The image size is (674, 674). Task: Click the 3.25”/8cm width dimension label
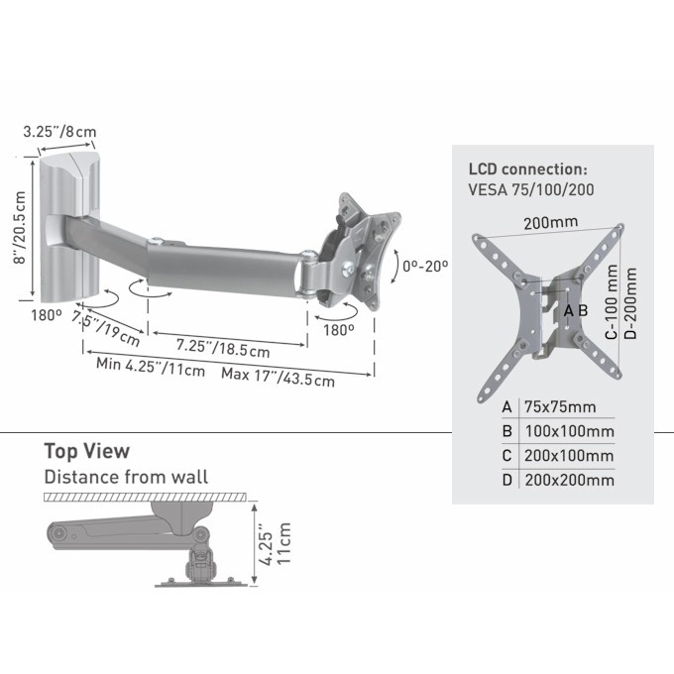pyautogui.click(x=59, y=131)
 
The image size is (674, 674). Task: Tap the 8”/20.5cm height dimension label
pyautogui.click(x=20, y=228)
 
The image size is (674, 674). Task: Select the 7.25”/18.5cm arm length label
pyautogui.click(x=223, y=348)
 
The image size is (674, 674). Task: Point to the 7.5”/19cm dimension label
pyautogui.click(x=106, y=329)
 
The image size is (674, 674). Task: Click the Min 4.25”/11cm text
pyautogui.click(x=151, y=367)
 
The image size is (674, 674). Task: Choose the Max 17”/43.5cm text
pyautogui.click(x=278, y=377)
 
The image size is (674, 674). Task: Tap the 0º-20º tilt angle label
pyautogui.click(x=424, y=266)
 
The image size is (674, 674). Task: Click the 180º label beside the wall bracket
pyautogui.click(x=47, y=315)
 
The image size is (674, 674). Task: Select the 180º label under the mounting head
pyautogui.click(x=339, y=330)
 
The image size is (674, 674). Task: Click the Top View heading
pyautogui.click(x=87, y=451)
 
